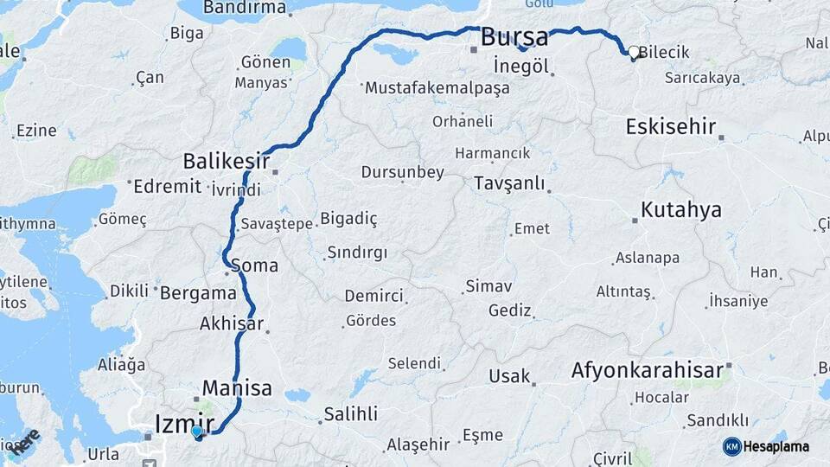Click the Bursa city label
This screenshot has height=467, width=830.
coord(514,37)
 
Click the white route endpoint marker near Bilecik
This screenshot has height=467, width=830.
coord(634,53)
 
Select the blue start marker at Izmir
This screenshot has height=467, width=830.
coord(197,432)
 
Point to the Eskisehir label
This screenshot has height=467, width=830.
coord(670,127)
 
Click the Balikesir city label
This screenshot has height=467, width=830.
coord(227,162)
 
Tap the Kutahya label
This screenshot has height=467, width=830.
coord(681,210)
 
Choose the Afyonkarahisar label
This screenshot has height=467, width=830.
coord(647,371)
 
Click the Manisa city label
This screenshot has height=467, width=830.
coord(237,387)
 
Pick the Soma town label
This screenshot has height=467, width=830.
coord(255,265)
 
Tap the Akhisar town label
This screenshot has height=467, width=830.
coord(231,324)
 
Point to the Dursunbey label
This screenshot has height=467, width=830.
coord(402,173)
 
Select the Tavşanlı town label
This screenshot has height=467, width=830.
coord(509,183)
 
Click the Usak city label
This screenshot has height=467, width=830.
coord(509,376)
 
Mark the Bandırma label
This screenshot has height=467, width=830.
coord(245,8)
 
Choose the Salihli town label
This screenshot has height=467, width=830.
coord(350,414)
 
